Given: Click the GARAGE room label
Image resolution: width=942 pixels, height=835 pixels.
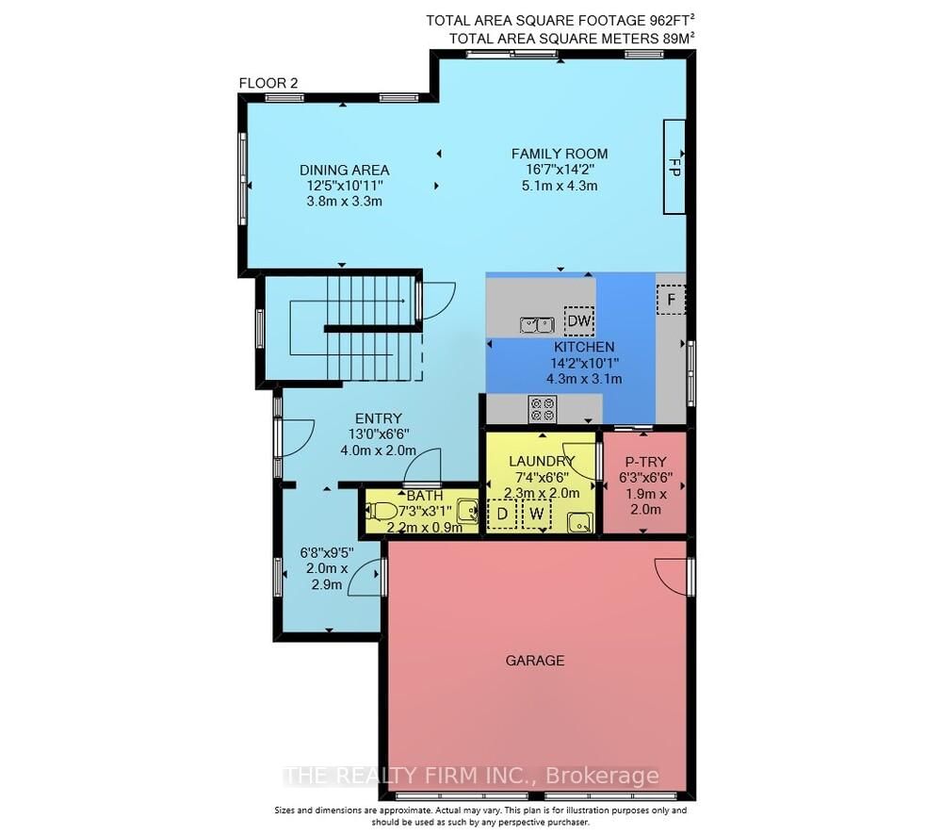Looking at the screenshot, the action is point(535,661).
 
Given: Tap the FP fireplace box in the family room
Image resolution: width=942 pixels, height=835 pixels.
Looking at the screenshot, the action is point(674,167).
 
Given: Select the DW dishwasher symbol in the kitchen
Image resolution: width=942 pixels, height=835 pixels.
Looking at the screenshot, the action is point(579,321).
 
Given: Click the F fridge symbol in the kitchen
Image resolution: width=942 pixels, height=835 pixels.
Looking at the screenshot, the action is point(671,299).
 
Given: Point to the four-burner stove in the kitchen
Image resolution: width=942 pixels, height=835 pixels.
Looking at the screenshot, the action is point(543,409).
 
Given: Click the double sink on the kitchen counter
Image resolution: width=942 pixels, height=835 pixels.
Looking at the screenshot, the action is point(537,325).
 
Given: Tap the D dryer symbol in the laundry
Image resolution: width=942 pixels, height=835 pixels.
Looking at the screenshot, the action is point(502,514).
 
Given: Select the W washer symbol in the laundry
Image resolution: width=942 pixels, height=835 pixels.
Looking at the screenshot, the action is point(537,514).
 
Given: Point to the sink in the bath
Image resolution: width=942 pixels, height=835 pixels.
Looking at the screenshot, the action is point(467,511).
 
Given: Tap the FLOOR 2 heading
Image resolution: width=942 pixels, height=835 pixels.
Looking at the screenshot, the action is point(268,83).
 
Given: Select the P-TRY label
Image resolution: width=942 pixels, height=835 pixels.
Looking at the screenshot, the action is point(645,462).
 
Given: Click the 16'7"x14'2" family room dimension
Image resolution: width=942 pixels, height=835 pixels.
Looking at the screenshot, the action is point(560,171).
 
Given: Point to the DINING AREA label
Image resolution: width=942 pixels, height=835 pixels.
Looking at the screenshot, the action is point(344,171).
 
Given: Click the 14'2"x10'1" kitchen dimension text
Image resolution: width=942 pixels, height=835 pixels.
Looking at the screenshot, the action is point(584,363).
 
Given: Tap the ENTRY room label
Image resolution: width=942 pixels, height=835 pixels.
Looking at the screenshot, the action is point(379,418).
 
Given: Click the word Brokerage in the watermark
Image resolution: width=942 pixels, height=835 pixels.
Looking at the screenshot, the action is point(602,776).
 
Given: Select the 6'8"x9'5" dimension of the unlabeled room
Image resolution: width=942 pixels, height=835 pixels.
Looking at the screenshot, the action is point(327,552).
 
